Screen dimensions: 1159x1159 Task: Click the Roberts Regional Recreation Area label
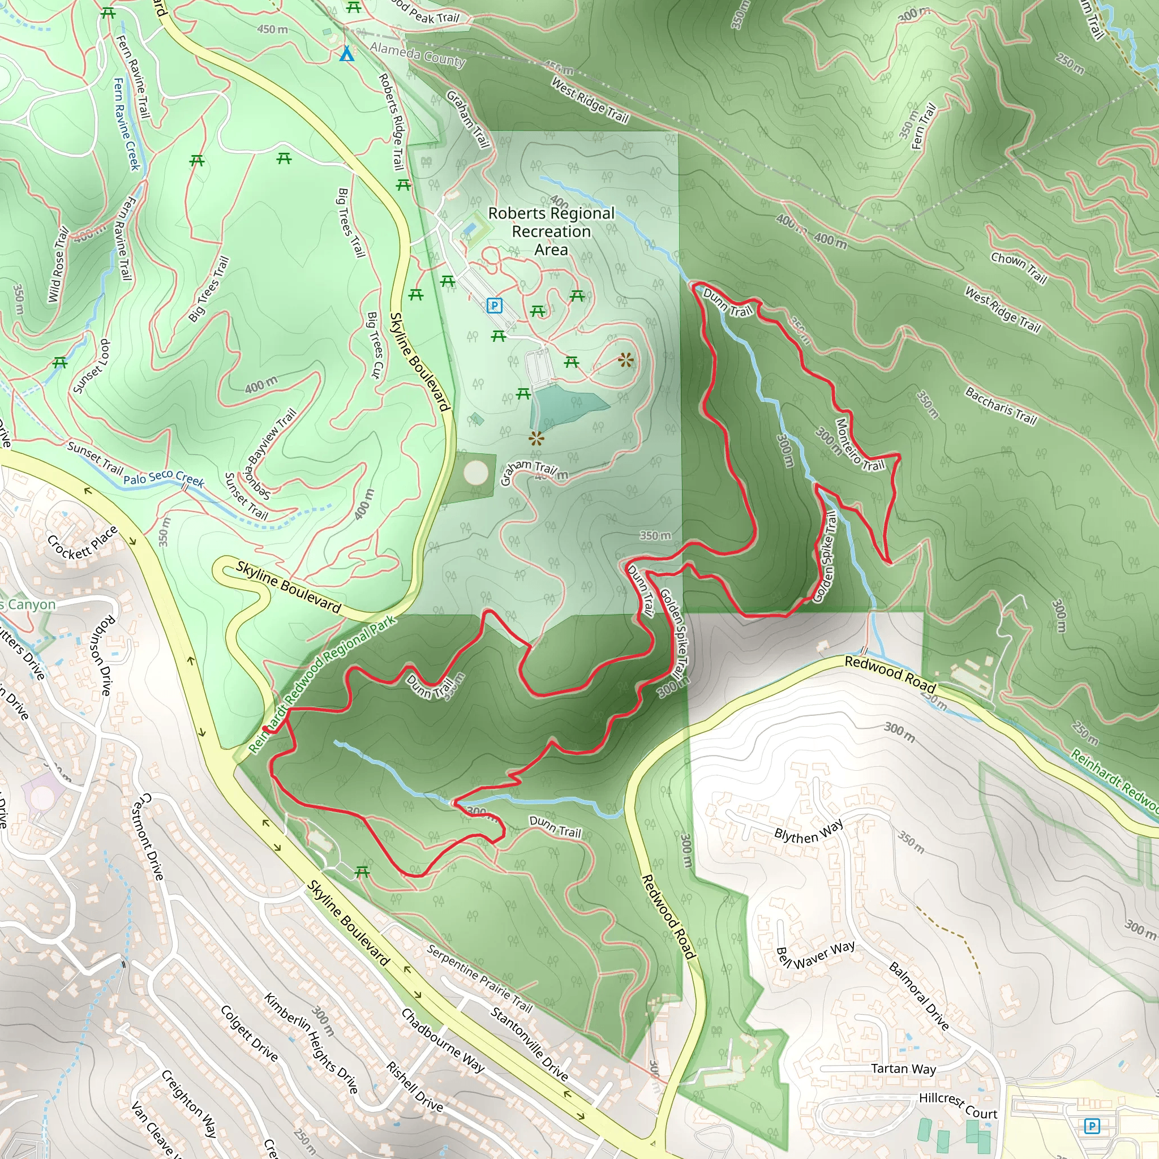coord(551,231)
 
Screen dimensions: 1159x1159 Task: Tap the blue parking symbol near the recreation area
coord(493,306)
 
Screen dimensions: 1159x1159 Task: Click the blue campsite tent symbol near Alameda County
coord(347,54)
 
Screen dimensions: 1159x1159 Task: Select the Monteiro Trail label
coord(860,444)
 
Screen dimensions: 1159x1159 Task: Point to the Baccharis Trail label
coord(1001,406)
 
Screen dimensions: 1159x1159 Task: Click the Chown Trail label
coord(1019,268)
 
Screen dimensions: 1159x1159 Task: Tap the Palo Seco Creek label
coord(164,478)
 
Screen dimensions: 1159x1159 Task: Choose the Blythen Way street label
coord(809,831)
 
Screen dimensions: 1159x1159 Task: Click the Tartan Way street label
coord(903,1069)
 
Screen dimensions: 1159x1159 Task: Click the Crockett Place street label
coord(82,542)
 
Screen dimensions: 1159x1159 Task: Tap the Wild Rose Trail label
coord(58,264)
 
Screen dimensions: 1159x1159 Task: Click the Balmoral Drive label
coord(918,996)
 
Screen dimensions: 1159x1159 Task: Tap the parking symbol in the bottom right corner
coord(1092,1126)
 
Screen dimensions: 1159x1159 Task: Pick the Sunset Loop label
coord(92,367)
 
